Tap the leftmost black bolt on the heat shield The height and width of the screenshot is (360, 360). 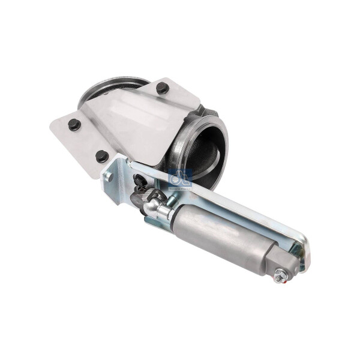point(74,125)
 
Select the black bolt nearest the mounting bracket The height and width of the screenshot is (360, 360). point(102,155)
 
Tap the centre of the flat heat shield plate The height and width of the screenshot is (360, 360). point(129,126)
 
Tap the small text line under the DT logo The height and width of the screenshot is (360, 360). point(180,187)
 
